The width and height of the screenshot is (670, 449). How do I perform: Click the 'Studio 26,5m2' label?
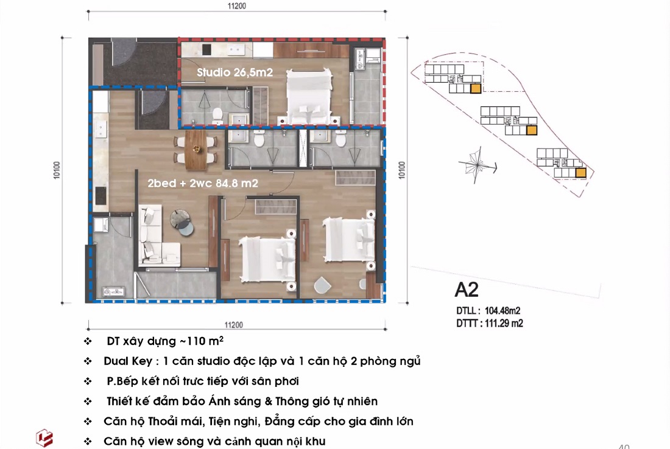coord(234,72)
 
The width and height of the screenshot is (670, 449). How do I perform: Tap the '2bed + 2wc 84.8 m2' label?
coord(203,182)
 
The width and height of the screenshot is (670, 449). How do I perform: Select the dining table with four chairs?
coord(196,149)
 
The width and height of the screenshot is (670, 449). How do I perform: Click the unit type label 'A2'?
coord(467,288)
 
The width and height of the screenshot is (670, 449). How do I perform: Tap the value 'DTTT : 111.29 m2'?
coord(490,323)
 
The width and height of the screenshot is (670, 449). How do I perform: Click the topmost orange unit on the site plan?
coord(476,89)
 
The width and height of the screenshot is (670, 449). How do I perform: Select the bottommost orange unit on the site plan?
coord(580,173)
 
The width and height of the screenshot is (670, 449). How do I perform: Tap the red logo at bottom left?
coord(44,438)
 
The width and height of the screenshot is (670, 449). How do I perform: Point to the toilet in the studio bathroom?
coord(217,113)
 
